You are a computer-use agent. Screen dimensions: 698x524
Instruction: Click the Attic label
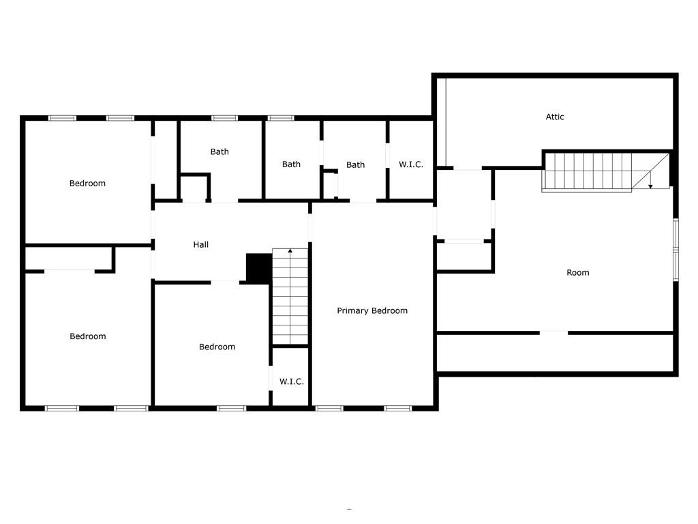click(555, 117)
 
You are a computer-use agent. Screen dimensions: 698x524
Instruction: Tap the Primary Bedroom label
click(372, 310)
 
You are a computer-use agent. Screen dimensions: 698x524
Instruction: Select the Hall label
click(201, 244)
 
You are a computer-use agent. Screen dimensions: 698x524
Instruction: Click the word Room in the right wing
click(578, 272)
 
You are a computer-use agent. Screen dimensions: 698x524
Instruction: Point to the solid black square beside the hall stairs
click(259, 268)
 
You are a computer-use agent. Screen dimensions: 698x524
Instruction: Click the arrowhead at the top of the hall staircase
click(290, 251)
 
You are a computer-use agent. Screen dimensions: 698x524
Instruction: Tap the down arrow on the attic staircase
click(650, 186)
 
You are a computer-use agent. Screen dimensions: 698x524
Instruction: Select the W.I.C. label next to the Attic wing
click(411, 164)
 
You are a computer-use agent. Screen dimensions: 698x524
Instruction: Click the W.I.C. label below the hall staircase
click(292, 381)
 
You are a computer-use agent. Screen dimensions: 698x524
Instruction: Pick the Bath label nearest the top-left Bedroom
click(219, 151)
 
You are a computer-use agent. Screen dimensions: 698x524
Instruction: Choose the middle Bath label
click(291, 164)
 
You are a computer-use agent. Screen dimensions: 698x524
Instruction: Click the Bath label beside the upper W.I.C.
click(355, 164)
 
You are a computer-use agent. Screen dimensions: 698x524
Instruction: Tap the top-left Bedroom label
click(87, 183)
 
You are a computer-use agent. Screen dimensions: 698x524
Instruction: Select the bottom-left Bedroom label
click(88, 336)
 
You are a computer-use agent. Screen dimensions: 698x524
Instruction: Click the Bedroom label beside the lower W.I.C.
click(217, 347)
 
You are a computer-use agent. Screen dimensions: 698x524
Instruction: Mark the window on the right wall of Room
click(676, 250)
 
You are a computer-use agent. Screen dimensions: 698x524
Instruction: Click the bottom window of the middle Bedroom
click(232, 408)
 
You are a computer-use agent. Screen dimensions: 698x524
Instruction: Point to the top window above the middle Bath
click(281, 118)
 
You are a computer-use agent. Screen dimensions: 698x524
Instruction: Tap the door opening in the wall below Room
click(553, 332)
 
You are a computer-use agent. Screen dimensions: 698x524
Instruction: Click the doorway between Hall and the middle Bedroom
click(225, 282)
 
